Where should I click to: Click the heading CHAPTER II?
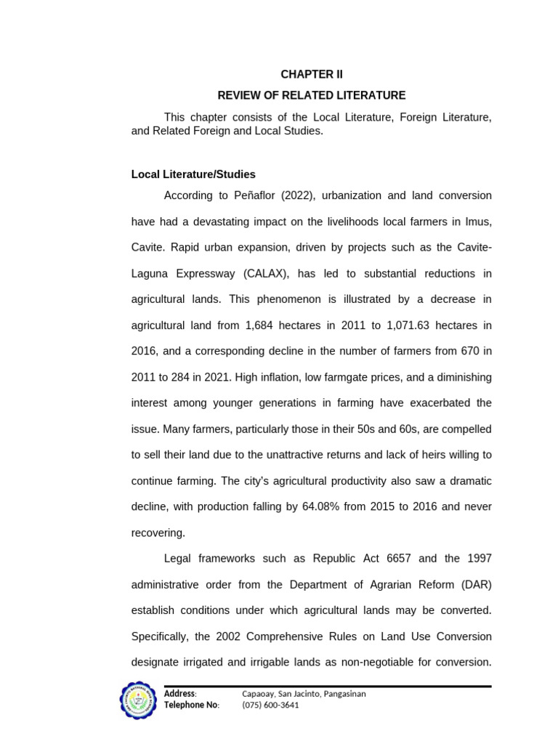(x=312, y=75)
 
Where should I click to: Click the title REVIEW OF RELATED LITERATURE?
(x=312, y=96)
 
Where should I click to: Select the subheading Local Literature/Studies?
(x=193, y=175)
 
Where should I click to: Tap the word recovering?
(x=158, y=533)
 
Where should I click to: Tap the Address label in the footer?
(x=179, y=694)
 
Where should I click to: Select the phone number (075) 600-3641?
(x=270, y=705)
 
